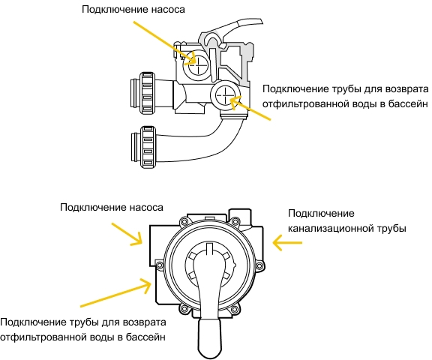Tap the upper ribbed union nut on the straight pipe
pyautogui.click(x=148, y=93)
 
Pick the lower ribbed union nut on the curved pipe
pyautogui.click(x=148, y=147)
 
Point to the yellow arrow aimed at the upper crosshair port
pyautogui.click(x=164, y=43)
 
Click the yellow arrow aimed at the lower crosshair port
pyautogui.click(x=250, y=108)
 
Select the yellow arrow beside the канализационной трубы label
pyautogui.click(x=287, y=243)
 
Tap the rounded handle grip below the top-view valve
pyautogui.click(x=210, y=338)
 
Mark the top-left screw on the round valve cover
pyautogui.click(x=184, y=221)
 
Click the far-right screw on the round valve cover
pyautogui.click(x=259, y=265)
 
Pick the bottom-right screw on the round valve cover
pyautogui.click(x=235, y=309)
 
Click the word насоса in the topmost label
pyautogui.click(x=168, y=10)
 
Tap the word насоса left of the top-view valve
pyautogui.click(x=146, y=208)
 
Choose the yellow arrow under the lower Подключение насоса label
pyautogui.click(x=127, y=234)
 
